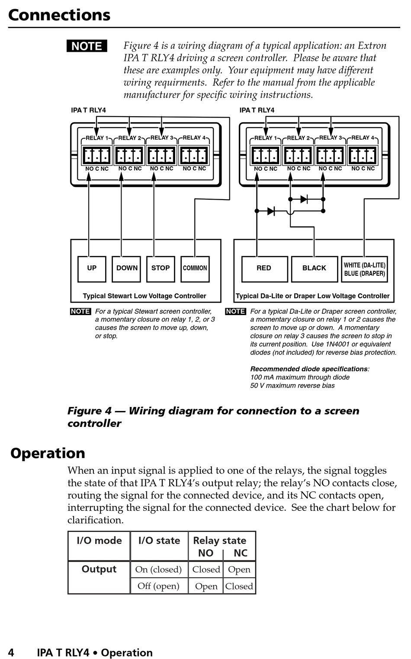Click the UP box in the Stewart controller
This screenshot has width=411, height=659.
pyautogui.click(x=92, y=268)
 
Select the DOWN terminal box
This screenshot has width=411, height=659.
pyautogui.click(x=126, y=268)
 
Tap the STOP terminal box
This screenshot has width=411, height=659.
pyautogui.click(x=161, y=268)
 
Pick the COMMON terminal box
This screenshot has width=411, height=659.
pyautogui.click(x=195, y=268)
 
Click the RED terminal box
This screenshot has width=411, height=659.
pyautogui.click(x=264, y=268)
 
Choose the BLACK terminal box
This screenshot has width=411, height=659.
pyautogui.click(x=314, y=268)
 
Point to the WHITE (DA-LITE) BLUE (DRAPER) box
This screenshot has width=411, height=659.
pyautogui.click(x=364, y=269)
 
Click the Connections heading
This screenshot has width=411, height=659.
pyautogui.click(x=59, y=15)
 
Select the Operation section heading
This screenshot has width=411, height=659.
pyautogui.click(x=48, y=453)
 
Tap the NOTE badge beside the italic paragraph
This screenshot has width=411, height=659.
pyautogui.click(x=87, y=46)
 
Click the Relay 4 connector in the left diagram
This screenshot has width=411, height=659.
pyautogui.click(x=194, y=156)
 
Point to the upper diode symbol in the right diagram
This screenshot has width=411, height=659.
pyautogui.click(x=304, y=199)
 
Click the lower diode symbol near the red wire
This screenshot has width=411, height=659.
pyautogui.click(x=271, y=211)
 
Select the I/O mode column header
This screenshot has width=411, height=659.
pyautogui.click(x=99, y=541)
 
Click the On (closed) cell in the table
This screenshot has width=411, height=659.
pyautogui.click(x=158, y=570)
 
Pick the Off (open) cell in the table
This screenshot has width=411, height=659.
pyautogui.click(x=158, y=586)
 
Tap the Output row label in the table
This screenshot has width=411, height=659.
pyautogui.click(x=99, y=570)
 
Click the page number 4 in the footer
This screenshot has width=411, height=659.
pyautogui.click(x=11, y=653)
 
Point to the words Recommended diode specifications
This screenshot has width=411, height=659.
pyautogui.click(x=309, y=369)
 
